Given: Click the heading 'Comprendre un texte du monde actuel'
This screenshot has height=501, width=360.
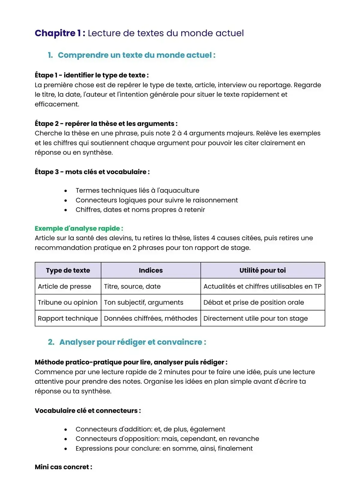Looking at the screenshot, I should coord(136,55).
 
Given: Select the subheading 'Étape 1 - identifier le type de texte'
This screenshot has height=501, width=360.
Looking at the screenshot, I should coord(91,75).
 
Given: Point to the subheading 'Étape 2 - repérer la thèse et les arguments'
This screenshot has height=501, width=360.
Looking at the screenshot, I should coord(106,124).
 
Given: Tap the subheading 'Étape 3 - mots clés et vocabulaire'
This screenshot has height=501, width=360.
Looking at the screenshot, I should coord(92,172).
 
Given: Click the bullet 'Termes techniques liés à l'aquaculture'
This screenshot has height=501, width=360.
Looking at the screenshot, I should coord(137,190).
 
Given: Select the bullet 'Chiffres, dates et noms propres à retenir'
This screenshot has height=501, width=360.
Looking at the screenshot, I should coord(140,210).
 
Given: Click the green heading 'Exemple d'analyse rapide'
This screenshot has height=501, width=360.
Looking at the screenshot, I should coord(79,228).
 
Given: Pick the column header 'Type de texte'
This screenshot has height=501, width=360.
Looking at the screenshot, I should coord(68,270).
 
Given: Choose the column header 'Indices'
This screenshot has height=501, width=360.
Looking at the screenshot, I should coord(151,270).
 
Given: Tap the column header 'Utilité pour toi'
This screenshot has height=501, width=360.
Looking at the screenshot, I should coord(262,270).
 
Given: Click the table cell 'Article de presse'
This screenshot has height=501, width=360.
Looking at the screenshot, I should coord(64,286).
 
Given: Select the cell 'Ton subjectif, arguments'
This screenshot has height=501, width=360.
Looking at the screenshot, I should coord(143,302).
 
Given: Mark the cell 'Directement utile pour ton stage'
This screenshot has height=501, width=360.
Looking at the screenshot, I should coord(255,318).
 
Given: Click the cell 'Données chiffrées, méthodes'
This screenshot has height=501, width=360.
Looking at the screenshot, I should coord(151,318).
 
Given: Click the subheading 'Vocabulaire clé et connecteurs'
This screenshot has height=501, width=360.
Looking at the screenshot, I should coord(88,411).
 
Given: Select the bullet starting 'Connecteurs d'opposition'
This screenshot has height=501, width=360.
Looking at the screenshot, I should coord(167,439).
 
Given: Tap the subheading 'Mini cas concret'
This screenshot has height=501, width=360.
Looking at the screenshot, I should coord(63,467).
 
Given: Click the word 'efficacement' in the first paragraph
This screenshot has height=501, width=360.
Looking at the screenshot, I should coord(57,104).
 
